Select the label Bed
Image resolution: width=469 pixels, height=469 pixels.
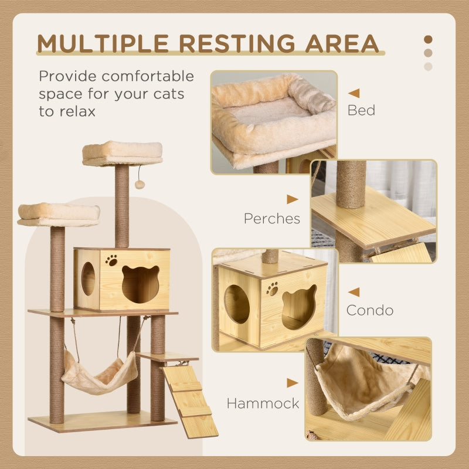pos(361,110)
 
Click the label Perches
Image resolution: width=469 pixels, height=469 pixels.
pos(272,219)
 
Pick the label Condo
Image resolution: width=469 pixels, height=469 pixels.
pos(369,310)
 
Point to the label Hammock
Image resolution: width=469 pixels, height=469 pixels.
pos(263,403)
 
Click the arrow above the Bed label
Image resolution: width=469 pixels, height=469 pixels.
pos(354,93)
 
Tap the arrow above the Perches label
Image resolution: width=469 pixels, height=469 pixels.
pos(292,199)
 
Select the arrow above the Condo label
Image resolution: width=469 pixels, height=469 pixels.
pos(354,291)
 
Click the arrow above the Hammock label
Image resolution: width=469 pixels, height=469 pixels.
pos(292,383)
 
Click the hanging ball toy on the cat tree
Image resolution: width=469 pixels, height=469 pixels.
pos(140,184)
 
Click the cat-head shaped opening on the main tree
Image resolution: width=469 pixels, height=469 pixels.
pos(141,284)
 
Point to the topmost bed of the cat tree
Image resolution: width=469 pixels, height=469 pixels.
pos(123,153)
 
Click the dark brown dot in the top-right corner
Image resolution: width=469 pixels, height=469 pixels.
pos(428,39)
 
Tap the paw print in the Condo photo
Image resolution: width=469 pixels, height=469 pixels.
pos(272,288)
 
